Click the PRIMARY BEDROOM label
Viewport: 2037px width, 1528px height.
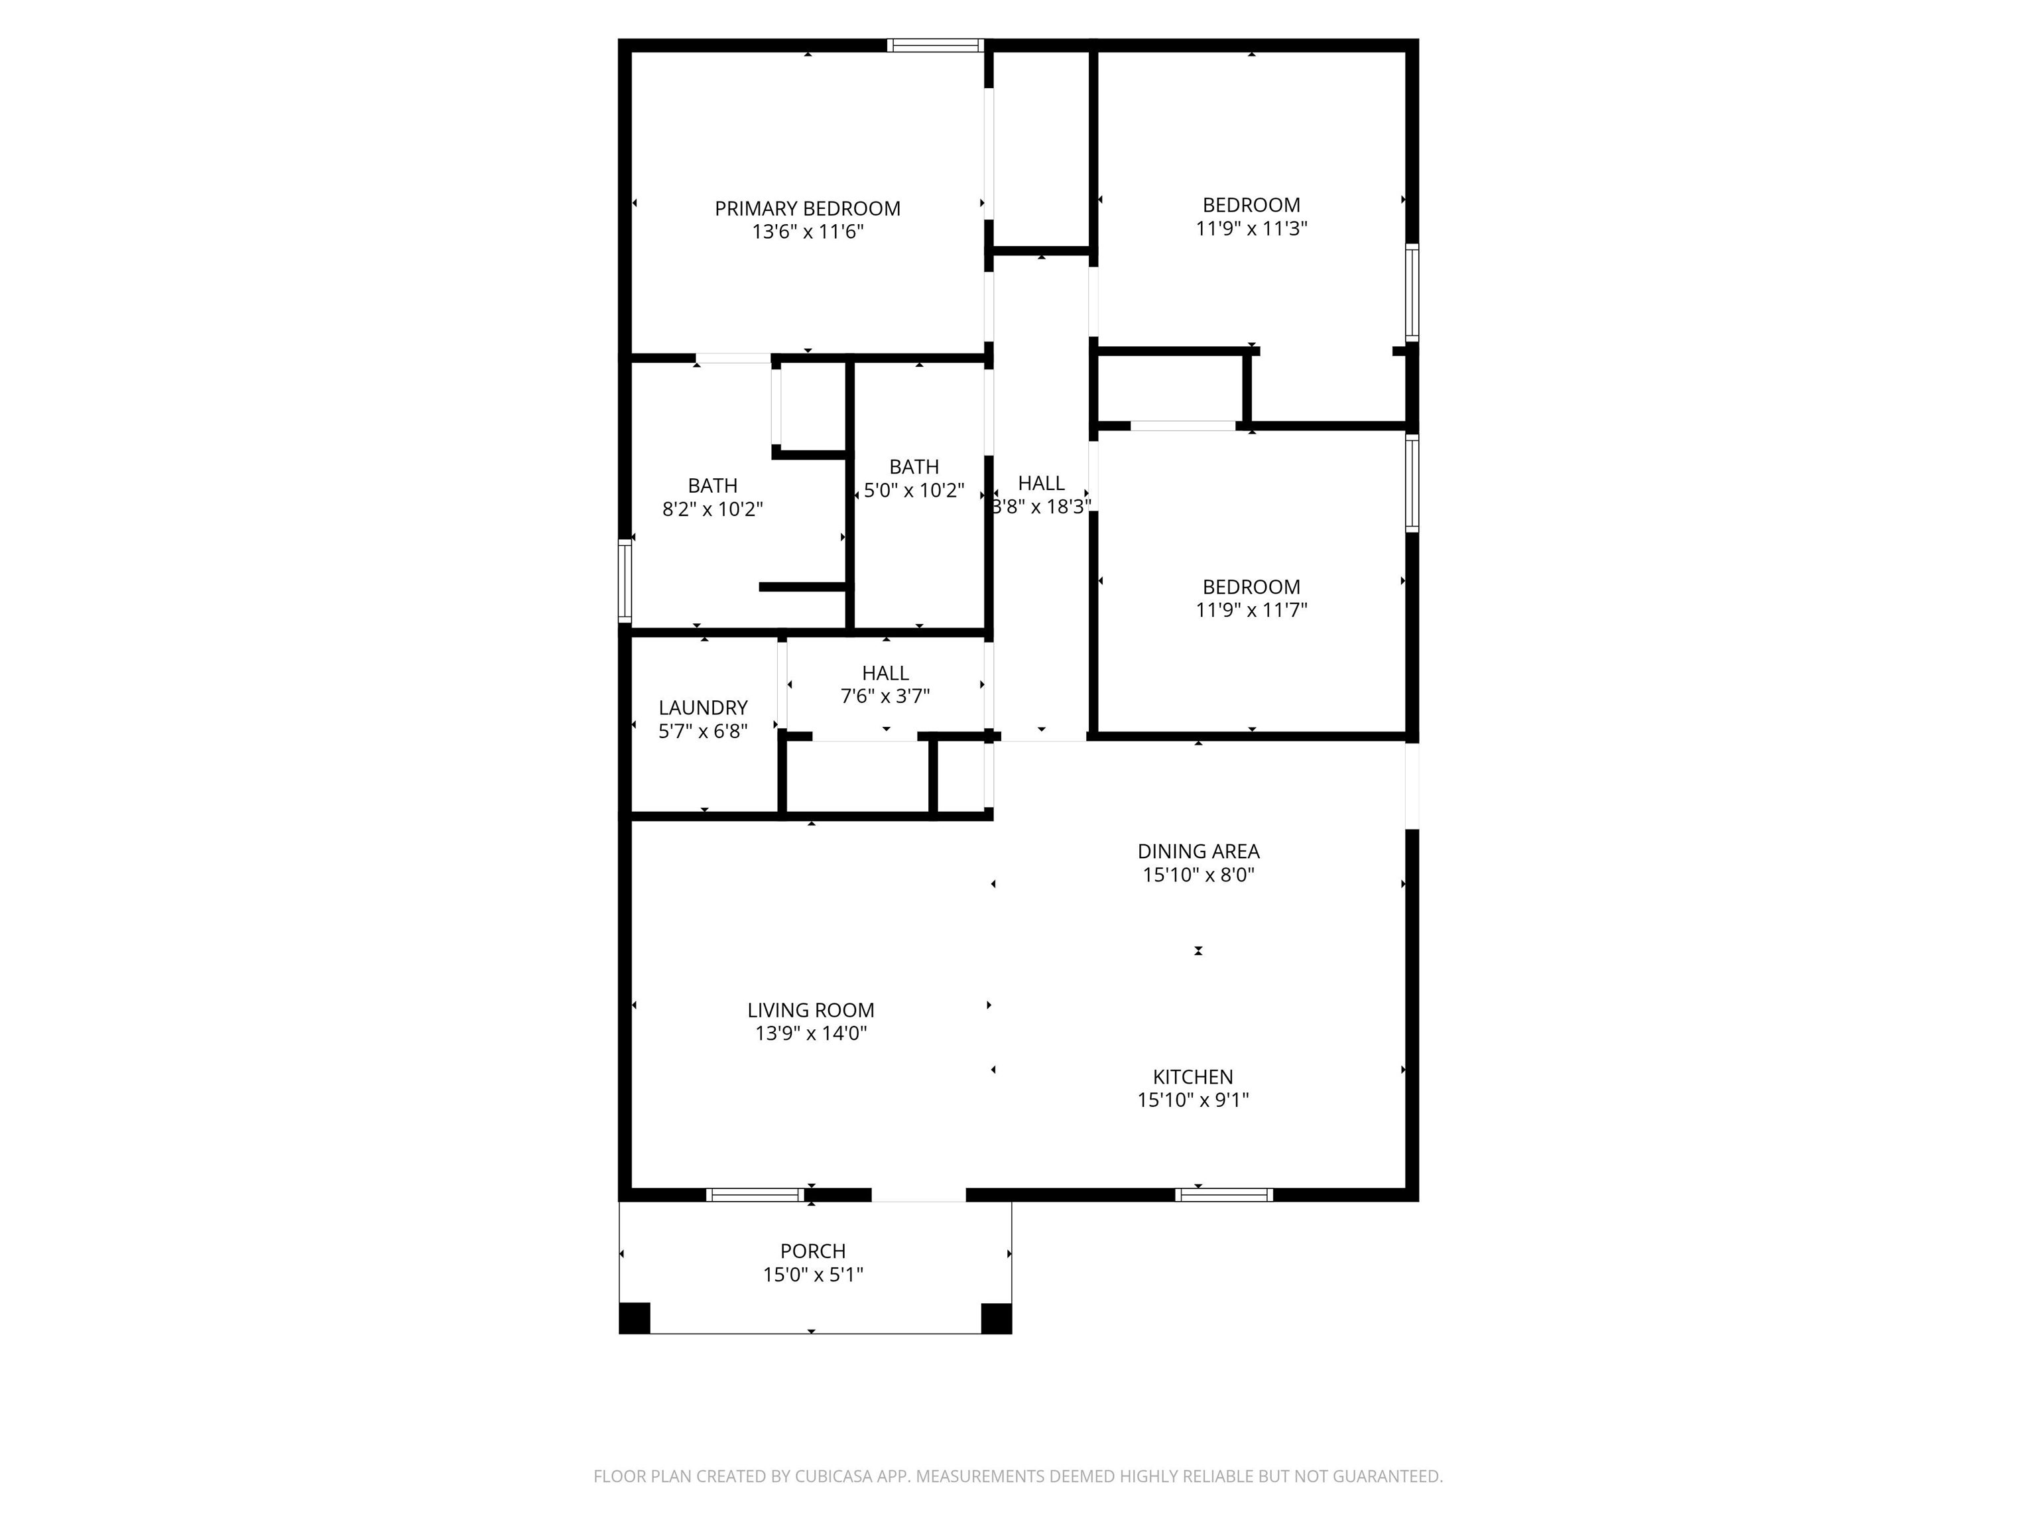pyautogui.click(x=808, y=209)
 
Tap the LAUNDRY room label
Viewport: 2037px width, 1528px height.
pyautogui.click(x=703, y=708)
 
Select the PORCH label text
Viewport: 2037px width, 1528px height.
pyautogui.click(x=813, y=1251)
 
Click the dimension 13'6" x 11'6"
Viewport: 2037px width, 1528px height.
pyautogui.click(x=808, y=232)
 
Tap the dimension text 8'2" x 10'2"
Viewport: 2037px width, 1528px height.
pyautogui.click(x=713, y=509)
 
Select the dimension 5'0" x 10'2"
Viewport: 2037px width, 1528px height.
pyautogui.click(x=914, y=490)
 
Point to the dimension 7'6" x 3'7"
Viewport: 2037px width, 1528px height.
pyautogui.click(x=885, y=696)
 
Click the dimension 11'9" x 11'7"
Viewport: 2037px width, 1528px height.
pyautogui.click(x=1251, y=609)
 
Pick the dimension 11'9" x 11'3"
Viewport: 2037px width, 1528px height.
pyautogui.click(x=1251, y=227)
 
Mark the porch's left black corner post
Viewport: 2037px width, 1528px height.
pyautogui.click(x=635, y=1318)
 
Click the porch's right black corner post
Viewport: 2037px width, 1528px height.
pyautogui.click(x=997, y=1318)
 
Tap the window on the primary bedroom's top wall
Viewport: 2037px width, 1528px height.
pyautogui.click(x=936, y=45)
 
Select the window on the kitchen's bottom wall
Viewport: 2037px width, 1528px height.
pyautogui.click(x=1224, y=1194)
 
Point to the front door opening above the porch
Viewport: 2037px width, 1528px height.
pyautogui.click(x=918, y=1194)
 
